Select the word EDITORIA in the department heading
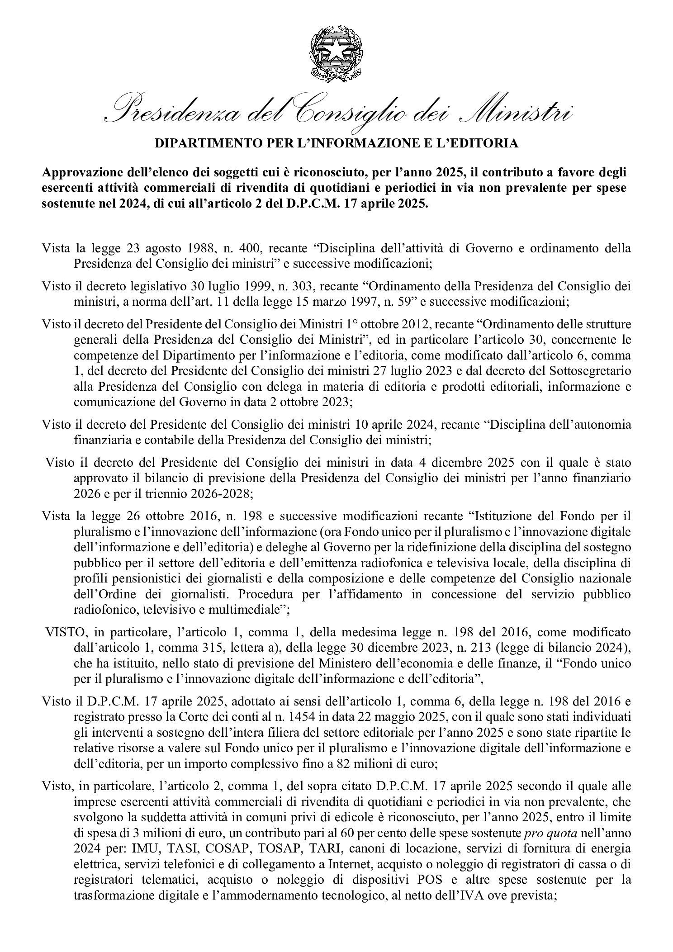(489, 144)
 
